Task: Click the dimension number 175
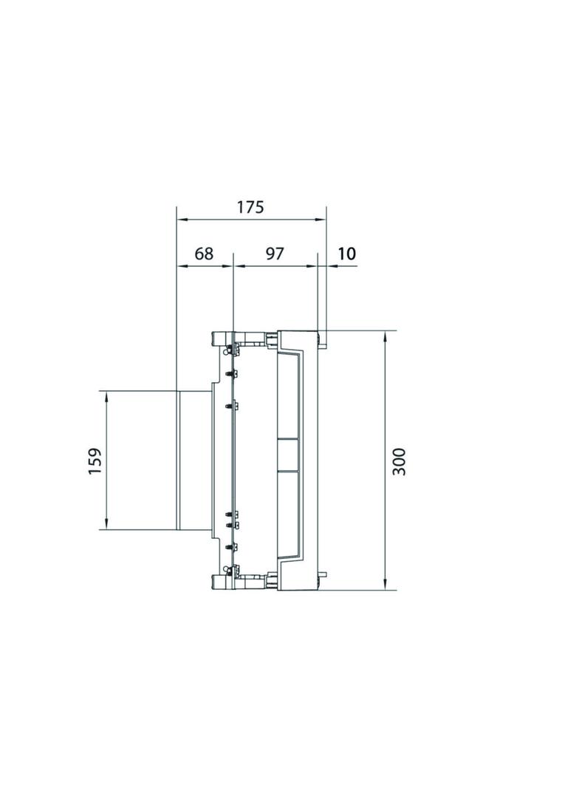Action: tap(250, 207)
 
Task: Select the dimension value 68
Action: tap(203, 254)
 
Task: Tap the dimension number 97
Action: tap(274, 254)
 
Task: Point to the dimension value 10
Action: tap(346, 254)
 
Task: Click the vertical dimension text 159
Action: tap(95, 461)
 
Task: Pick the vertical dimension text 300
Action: tap(399, 461)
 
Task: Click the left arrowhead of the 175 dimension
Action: tap(181, 219)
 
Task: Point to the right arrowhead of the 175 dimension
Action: tap(322, 219)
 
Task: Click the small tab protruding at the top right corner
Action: tap(323, 340)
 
